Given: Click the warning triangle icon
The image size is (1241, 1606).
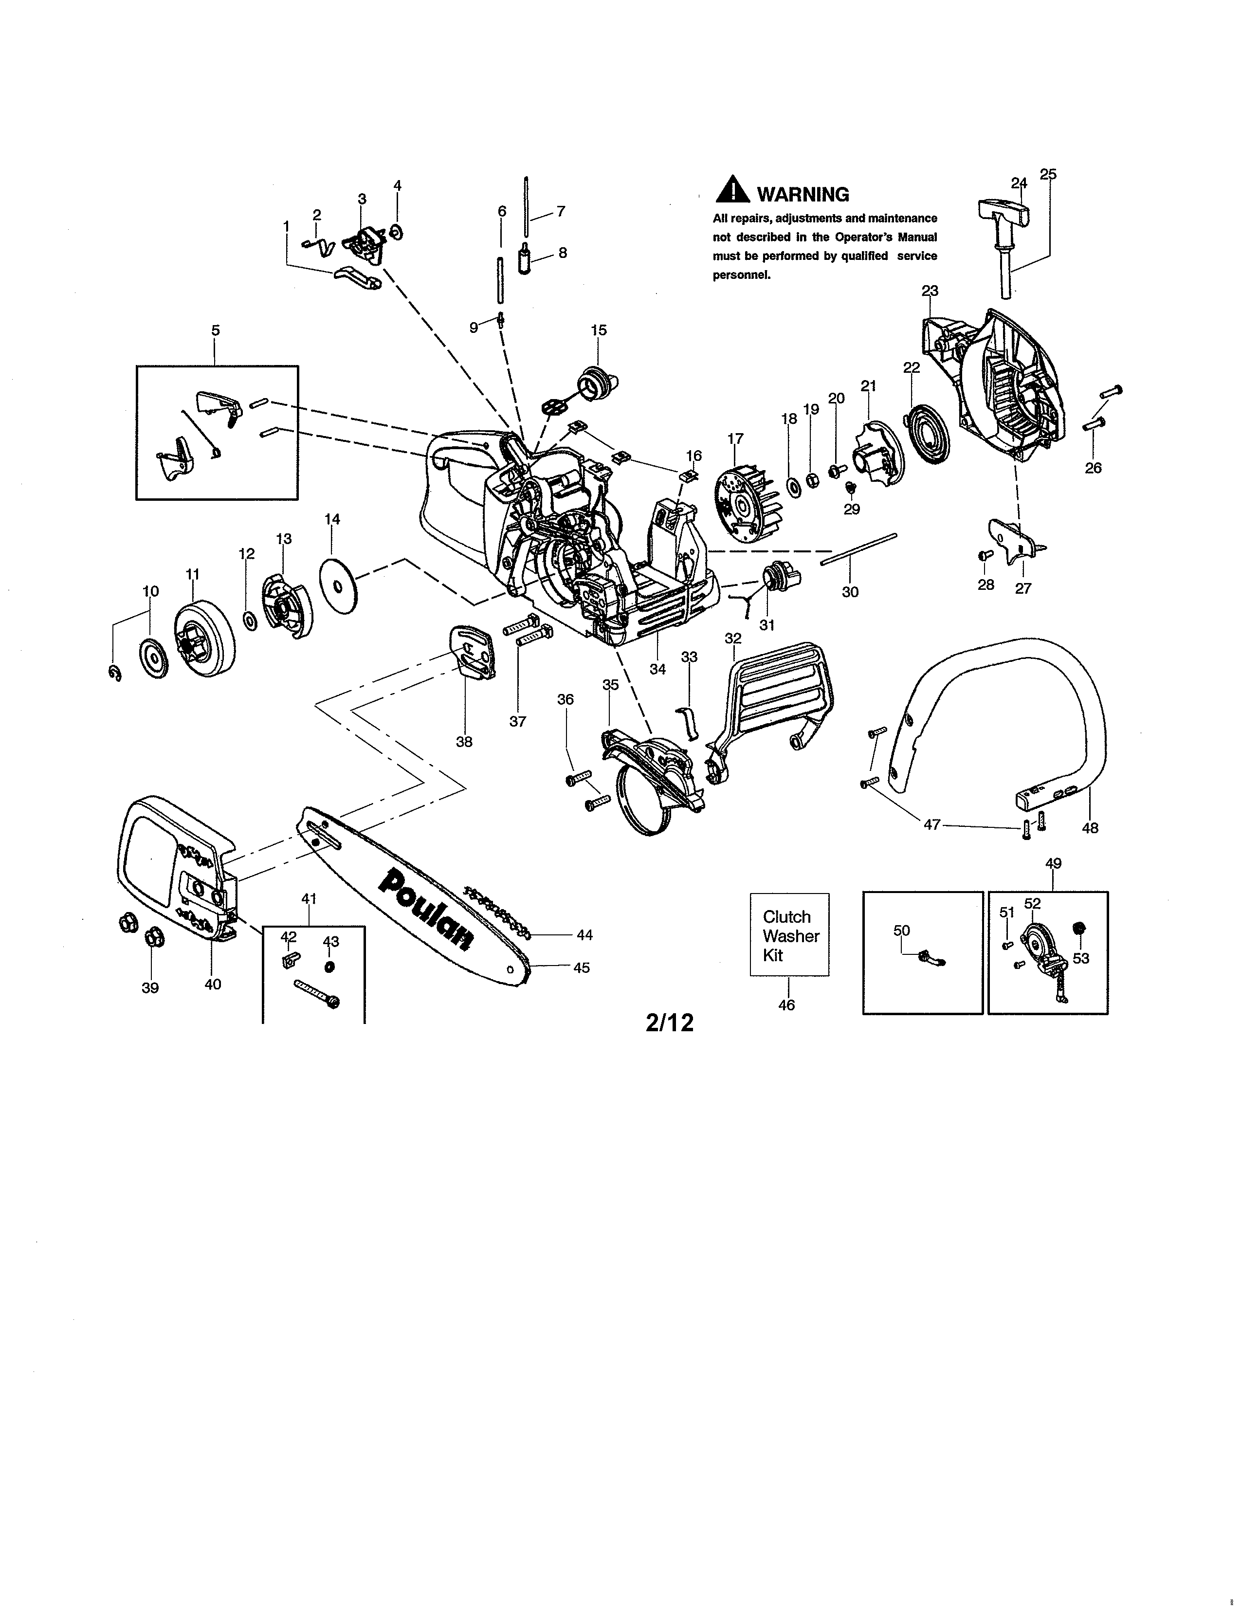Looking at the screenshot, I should [732, 190].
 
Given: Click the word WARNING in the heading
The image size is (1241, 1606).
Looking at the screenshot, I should [803, 195].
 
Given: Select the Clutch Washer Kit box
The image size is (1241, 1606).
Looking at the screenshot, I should [789, 934].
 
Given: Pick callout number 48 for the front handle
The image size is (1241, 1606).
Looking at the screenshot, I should [1090, 828].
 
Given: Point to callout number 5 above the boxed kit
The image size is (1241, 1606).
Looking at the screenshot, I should [216, 330].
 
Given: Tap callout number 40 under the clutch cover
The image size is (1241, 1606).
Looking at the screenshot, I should [213, 984].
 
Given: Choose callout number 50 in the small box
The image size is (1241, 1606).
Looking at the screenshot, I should [901, 930].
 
